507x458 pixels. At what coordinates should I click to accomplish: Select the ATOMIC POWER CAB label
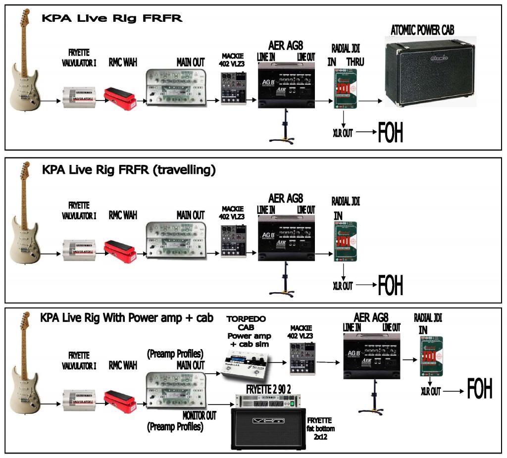(x=422, y=31)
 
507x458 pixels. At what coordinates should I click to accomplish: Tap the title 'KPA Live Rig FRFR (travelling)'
(x=129, y=170)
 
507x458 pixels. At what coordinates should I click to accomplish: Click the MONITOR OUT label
(x=200, y=415)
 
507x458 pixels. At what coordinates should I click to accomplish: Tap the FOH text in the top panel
(x=391, y=133)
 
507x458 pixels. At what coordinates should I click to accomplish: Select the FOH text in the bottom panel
(x=480, y=389)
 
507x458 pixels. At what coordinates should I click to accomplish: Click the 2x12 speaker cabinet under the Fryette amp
(x=268, y=427)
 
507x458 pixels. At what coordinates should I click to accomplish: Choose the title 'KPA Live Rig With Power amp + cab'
(x=127, y=318)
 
